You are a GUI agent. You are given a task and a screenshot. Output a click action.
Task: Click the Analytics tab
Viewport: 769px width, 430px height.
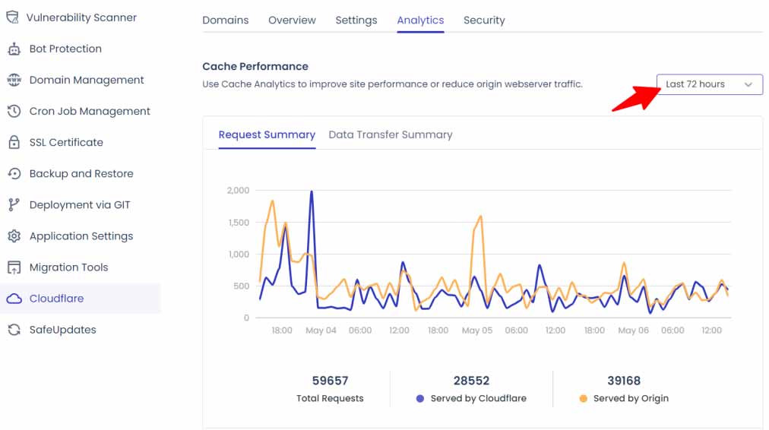pos(420,21)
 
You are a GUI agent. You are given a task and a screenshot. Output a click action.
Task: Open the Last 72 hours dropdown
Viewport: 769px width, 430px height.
pos(709,84)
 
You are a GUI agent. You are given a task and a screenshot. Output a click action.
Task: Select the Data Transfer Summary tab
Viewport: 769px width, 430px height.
pos(390,134)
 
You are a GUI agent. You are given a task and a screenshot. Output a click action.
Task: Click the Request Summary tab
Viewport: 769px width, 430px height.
pos(267,134)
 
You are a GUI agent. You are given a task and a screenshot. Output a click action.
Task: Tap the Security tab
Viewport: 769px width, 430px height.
pos(484,21)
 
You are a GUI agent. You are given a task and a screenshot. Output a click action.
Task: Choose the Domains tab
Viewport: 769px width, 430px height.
pos(225,21)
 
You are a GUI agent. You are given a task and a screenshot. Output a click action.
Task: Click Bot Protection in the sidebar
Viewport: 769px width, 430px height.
pos(65,49)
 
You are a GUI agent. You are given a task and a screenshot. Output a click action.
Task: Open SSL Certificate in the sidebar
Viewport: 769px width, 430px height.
pos(66,142)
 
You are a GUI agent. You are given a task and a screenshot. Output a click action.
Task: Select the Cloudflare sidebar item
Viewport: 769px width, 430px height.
pos(56,299)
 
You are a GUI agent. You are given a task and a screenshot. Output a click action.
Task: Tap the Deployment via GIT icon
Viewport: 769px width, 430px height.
pos(14,205)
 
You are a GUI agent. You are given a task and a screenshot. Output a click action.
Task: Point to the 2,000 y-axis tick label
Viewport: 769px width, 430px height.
pos(238,191)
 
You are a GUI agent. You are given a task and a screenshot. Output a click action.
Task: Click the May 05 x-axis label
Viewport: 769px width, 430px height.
pos(476,330)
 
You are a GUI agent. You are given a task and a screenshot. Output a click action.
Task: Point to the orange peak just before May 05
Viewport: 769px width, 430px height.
pos(481,217)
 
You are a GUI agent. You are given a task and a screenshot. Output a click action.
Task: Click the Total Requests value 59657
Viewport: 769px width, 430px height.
pos(330,381)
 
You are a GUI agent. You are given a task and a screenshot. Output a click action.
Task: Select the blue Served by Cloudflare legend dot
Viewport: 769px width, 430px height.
pos(420,398)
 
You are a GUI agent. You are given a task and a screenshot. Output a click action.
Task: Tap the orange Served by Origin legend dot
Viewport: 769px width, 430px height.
pos(583,398)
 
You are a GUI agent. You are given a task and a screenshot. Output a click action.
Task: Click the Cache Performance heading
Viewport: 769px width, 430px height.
pos(255,67)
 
